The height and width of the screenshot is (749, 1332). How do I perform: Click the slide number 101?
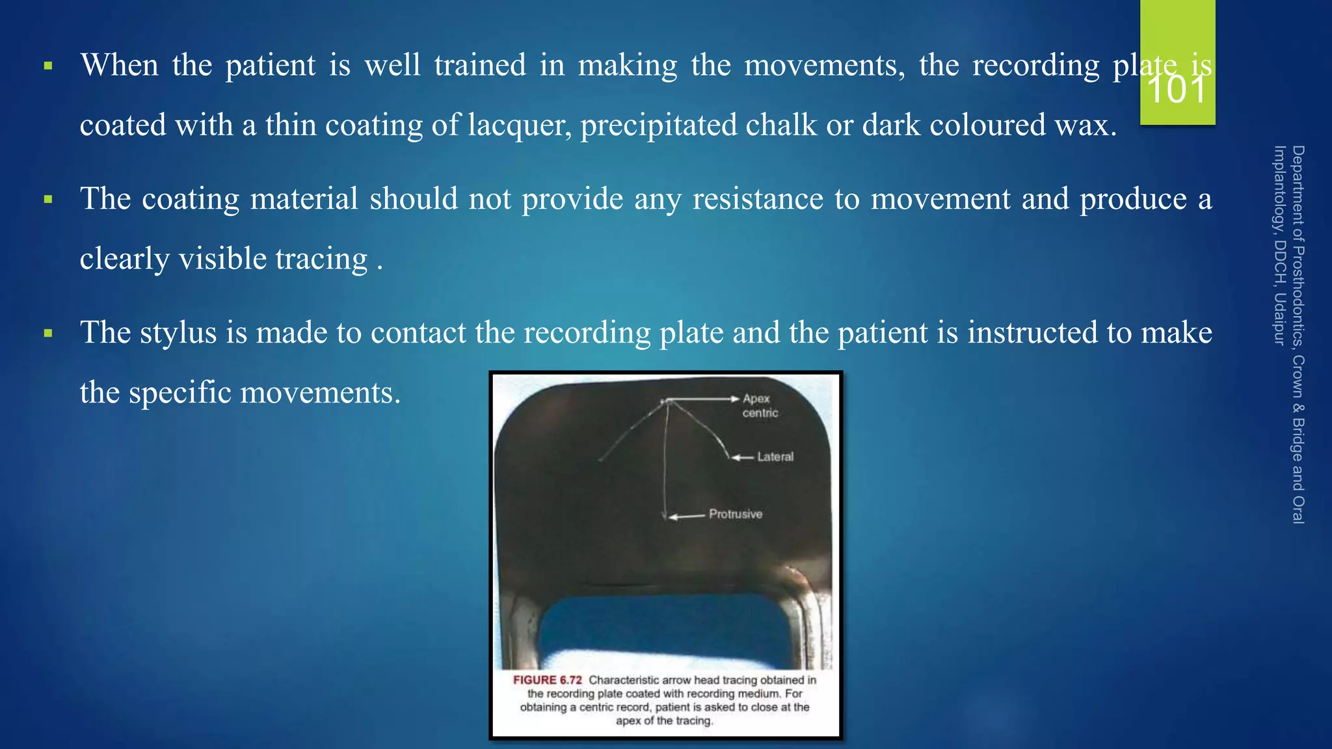point(1177,90)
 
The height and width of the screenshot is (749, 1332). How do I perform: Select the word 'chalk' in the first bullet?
point(781,125)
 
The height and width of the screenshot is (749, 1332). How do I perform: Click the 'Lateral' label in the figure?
point(775,457)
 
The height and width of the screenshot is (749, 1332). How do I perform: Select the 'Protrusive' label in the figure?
point(736,514)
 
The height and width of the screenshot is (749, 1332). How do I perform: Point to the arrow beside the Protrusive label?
point(687,517)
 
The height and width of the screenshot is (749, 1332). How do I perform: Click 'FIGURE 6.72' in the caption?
point(547,680)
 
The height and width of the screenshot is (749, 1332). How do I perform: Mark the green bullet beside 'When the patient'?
point(47,66)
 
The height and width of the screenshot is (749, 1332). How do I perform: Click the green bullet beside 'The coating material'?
point(47,200)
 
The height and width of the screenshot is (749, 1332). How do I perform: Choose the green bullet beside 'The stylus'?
point(47,334)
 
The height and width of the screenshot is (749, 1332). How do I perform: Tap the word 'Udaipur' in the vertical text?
point(1279,319)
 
